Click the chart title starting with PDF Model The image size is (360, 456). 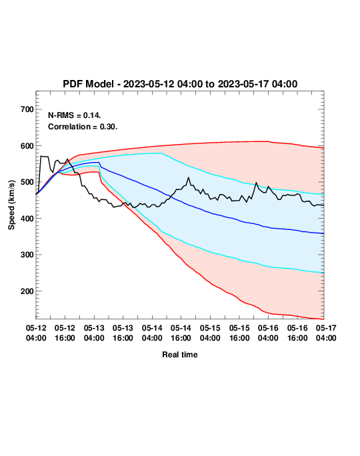click(x=180, y=84)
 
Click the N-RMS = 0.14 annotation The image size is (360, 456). click(x=75, y=115)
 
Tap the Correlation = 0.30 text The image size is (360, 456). click(x=83, y=127)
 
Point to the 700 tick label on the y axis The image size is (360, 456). click(x=27, y=109)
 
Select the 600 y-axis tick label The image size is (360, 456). click(x=27, y=146)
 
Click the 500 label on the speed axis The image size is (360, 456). click(x=27, y=182)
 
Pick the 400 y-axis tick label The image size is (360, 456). click(x=27, y=219)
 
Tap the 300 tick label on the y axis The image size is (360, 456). click(x=27, y=255)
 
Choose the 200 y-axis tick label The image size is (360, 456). click(x=27, y=291)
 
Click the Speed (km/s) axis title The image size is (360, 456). click(x=11, y=205)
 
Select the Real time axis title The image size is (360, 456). click(x=180, y=355)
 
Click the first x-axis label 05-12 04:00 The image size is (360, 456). click(x=36, y=333)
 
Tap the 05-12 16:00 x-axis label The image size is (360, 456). click(x=65, y=333)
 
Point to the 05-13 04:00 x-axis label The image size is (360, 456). click(x=94, y=333)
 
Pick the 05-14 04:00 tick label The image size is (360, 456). click(x=152, y=333)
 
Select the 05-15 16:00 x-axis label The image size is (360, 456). click(x=239, y=333)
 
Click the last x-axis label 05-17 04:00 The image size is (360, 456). click(x=326, y=333)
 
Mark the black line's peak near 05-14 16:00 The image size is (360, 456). click(x=189, y=177)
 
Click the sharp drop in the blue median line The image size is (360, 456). click(x=100, y=164)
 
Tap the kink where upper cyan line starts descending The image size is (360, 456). click(x=162, y=153)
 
